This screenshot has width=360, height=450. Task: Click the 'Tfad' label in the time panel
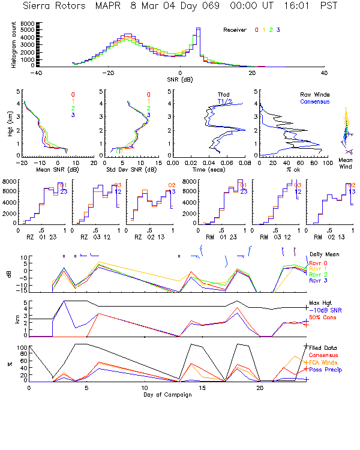pos(223,94)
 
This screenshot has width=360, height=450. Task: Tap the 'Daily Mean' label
pos(324,254)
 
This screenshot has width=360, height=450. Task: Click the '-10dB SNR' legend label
pos(324,310)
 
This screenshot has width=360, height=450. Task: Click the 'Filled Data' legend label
pos(324,349)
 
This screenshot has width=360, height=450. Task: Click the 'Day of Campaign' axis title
pos(168,394)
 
